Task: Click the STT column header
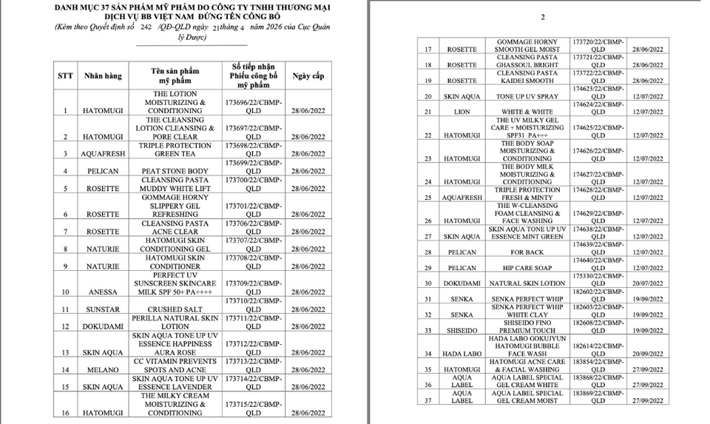[x=65, y=76]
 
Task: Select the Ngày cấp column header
[x=308, y=76]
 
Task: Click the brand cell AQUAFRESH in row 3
[x=101, y=154]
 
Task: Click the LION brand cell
[x=461, y=112]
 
